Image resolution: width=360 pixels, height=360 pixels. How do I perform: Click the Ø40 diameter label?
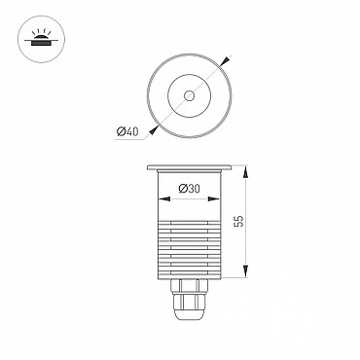pos(127,131)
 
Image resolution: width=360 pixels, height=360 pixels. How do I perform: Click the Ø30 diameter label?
pos(190,189)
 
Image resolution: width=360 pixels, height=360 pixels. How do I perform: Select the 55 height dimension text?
pos(239,221)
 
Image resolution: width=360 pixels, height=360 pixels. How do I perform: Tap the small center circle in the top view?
pos(189,95)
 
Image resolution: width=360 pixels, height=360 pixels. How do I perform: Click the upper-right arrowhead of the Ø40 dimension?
pos(225,60)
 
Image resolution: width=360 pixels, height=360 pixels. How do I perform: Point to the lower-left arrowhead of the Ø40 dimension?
pos(153,130)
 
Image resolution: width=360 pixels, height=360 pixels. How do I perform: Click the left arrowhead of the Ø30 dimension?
pos(163,198)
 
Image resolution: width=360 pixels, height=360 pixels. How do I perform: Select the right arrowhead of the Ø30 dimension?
pos(214,198)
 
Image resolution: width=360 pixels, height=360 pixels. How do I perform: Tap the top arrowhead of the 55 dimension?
pos(246,171)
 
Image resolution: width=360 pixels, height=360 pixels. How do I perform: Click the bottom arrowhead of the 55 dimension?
pos(246,271)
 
